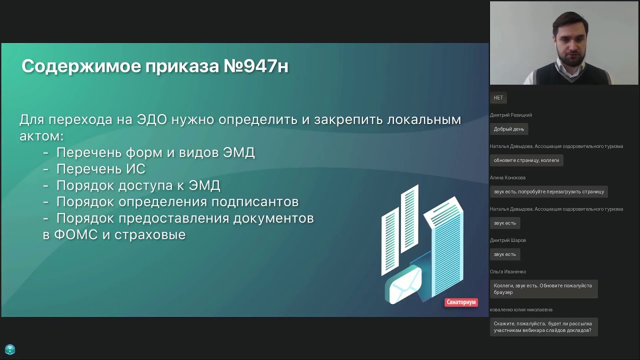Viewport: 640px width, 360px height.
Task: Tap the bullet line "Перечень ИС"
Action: [100, 169]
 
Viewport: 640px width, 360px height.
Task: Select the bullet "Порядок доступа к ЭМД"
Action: [138, 185]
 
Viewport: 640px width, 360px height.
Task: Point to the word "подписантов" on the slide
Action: [255, 202]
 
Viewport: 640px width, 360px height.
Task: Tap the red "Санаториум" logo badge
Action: [461, 302]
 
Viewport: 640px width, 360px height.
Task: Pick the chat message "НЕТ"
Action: [498, 97]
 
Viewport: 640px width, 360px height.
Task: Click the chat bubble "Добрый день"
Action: [509, 129]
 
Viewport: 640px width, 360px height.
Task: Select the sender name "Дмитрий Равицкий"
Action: [511, 115]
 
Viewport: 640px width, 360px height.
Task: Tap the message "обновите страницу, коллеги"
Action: [526, 160]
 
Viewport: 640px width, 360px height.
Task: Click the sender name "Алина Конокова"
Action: [507, 177]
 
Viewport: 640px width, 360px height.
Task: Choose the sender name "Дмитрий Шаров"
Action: [508, 240]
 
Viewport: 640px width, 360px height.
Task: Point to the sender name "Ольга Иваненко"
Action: [508, 272]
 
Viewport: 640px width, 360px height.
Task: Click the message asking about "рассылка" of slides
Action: [543, 327]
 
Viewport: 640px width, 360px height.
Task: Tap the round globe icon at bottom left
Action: [10, 349]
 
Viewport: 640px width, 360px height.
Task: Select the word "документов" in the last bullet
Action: [276, 218]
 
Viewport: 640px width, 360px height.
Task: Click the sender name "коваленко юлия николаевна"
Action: [521, 310]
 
